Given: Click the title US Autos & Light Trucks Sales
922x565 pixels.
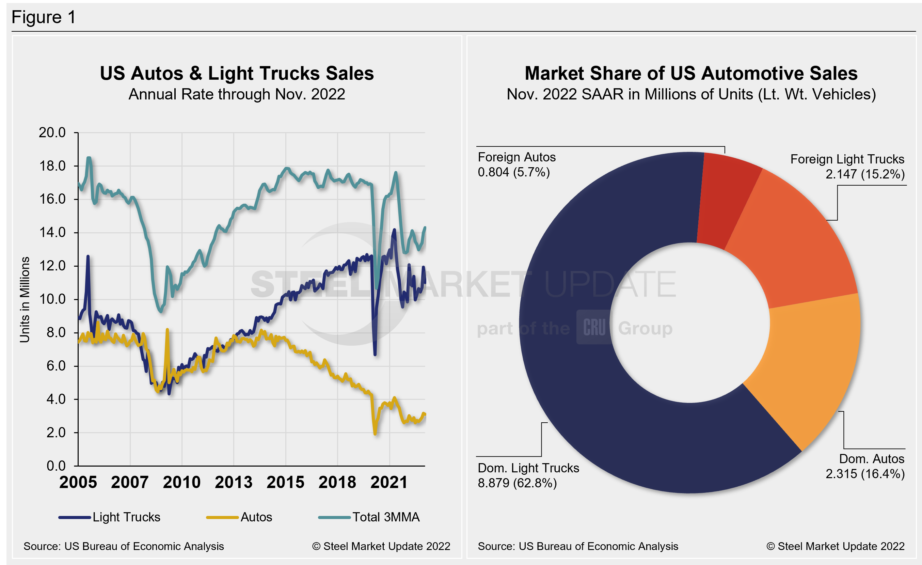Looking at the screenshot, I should click(x=237, y=73).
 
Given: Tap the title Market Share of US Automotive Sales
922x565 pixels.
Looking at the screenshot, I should click(x=691, y=73).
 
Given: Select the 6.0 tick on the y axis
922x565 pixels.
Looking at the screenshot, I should click(x=56, y=365).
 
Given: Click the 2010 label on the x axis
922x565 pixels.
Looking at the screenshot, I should click(x=181, y=482).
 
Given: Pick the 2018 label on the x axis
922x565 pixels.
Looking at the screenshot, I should click(x=337, y=482).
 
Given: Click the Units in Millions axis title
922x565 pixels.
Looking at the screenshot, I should click(x=25, y=299).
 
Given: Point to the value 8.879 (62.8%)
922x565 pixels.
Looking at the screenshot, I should click(x=517, y=483).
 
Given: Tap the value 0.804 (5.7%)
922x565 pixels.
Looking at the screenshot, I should click(x=513, y=172).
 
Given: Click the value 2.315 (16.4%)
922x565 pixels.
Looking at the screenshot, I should click(x=865, y=474).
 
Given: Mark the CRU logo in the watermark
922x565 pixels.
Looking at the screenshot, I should click(x=594, y=327).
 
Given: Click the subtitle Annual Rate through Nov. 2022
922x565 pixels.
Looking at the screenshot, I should click(x=237, y=94).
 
